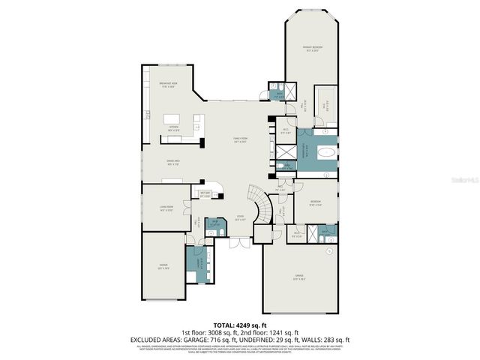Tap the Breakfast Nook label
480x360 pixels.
[x=168, y=84]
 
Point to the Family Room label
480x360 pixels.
[x=240, y=140]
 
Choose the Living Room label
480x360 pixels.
[x=166, y=209]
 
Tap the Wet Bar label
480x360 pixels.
[x=204, y=196]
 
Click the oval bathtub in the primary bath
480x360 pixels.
[x=325, y=151]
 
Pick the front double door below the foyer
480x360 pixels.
[x=238, y=243]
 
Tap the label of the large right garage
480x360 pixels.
[x=299, y=277]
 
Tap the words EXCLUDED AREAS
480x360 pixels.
[x=154, y=339]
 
